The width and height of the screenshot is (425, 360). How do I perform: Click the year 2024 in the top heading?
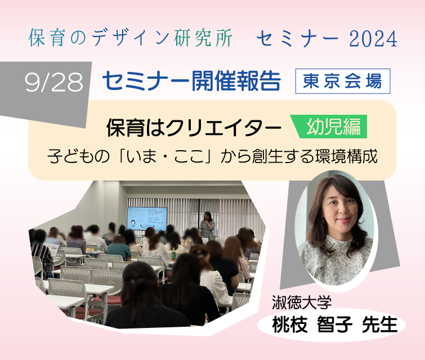(x=373, y=38)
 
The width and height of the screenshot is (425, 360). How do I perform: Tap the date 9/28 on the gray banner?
(x=53, y=82)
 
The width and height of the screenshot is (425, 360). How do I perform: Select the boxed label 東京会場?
(x=343, y=81)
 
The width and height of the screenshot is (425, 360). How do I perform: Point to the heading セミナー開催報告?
(x=191, y=81)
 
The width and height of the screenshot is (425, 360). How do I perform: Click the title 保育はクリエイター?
(x=194, y=127)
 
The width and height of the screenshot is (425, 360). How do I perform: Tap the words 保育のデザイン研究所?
(x=131, y=38)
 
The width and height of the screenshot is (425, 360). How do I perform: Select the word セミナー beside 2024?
(x=298, y=38)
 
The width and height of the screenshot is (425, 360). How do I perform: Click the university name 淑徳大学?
(x=302, y=302)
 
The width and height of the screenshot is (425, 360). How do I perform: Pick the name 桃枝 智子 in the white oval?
(x=312, y=324)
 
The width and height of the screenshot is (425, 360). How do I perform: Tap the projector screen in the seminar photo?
(x=147, y=219)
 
